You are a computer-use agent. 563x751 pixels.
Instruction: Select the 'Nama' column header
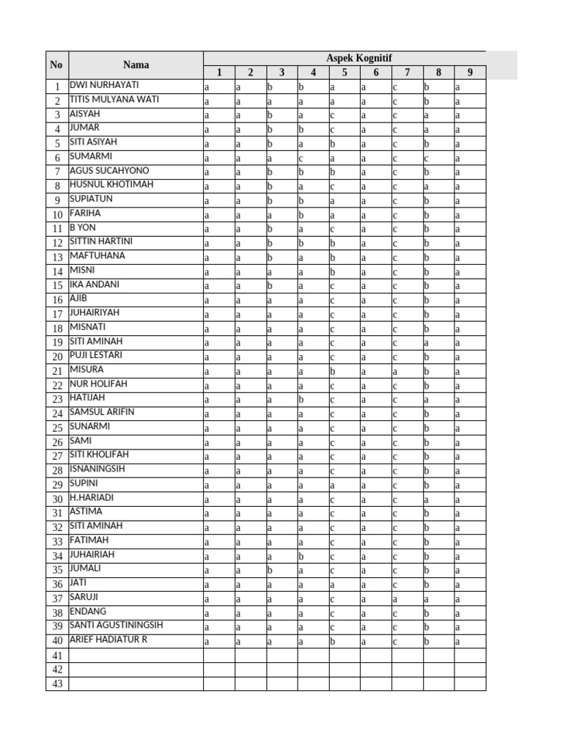136,65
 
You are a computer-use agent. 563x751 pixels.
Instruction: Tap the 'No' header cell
56,65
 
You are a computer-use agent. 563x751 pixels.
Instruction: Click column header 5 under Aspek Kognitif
344,72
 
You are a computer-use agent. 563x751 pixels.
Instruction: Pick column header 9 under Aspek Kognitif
469,72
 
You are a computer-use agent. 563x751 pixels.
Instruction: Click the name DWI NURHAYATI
103,85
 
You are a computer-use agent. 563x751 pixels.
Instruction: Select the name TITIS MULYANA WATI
114,100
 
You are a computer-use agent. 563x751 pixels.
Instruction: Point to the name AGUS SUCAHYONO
108,171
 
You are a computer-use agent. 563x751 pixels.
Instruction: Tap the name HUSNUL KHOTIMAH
111,185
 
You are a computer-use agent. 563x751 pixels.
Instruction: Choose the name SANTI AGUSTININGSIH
116,626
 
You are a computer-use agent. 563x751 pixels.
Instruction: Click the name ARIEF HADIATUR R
108,640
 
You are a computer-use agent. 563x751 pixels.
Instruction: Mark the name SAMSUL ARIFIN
102,412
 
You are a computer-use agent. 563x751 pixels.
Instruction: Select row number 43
56,684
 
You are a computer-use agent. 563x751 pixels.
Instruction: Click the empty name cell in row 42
136,670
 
